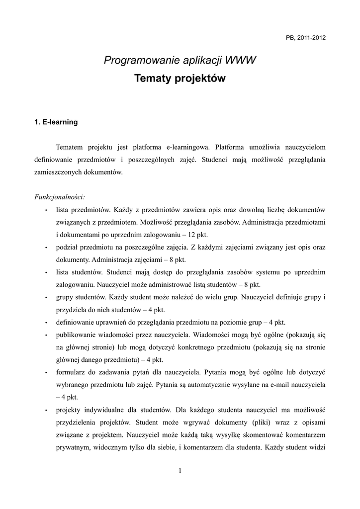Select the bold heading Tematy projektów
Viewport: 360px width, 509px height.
point(180,79)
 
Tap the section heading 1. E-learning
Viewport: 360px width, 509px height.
point(56,122)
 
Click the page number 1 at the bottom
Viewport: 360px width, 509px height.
point(180,471)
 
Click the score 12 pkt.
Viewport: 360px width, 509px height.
point(197,234)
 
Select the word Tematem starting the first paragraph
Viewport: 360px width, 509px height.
point(70,147)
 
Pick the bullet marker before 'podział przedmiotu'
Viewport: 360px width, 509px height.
point(46,247)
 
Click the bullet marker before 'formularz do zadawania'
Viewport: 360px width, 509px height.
point(46,372)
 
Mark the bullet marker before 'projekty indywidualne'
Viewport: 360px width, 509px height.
point(46,410)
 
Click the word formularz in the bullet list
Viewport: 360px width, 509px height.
point(71,372)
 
